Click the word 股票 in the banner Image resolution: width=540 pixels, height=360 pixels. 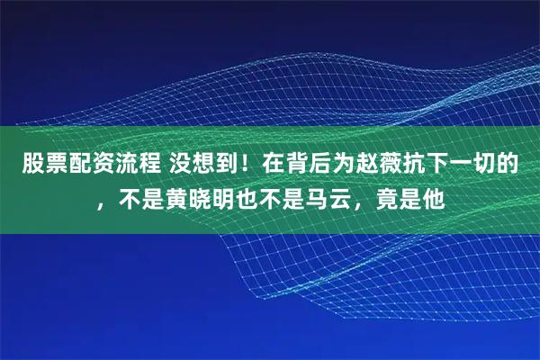pyautogui.click(x=41, y=165)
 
